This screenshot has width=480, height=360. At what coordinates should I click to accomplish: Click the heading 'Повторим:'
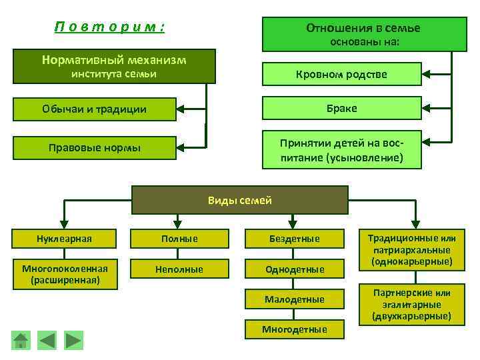[x=109, y=28]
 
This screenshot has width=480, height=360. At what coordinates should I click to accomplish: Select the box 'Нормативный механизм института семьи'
[x=114, y=66]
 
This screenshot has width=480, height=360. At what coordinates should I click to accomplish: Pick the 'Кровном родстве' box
[x=342, y=74]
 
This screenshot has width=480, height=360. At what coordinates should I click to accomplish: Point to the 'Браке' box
[x=342, y=108]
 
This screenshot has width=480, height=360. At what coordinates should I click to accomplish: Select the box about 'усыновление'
[x=342, y=150]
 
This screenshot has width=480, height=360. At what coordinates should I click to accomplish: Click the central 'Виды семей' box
[x=240, y=200]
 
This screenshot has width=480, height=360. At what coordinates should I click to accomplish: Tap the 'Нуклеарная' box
[x=65, y=239]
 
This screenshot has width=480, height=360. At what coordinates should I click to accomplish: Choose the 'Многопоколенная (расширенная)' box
[x=65, y=274]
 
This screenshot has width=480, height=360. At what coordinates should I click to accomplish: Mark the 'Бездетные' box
[x=295, y=239]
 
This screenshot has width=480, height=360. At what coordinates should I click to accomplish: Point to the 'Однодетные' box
[x=295, y=269]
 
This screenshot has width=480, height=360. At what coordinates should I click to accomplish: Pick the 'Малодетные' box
[x=295, y=299]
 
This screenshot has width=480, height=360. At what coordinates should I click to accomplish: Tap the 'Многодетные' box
[x=295, y=329]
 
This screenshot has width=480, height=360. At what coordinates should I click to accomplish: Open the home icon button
[x=22, y=340]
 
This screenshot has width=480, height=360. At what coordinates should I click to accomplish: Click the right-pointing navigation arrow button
[x=73, y=340]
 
